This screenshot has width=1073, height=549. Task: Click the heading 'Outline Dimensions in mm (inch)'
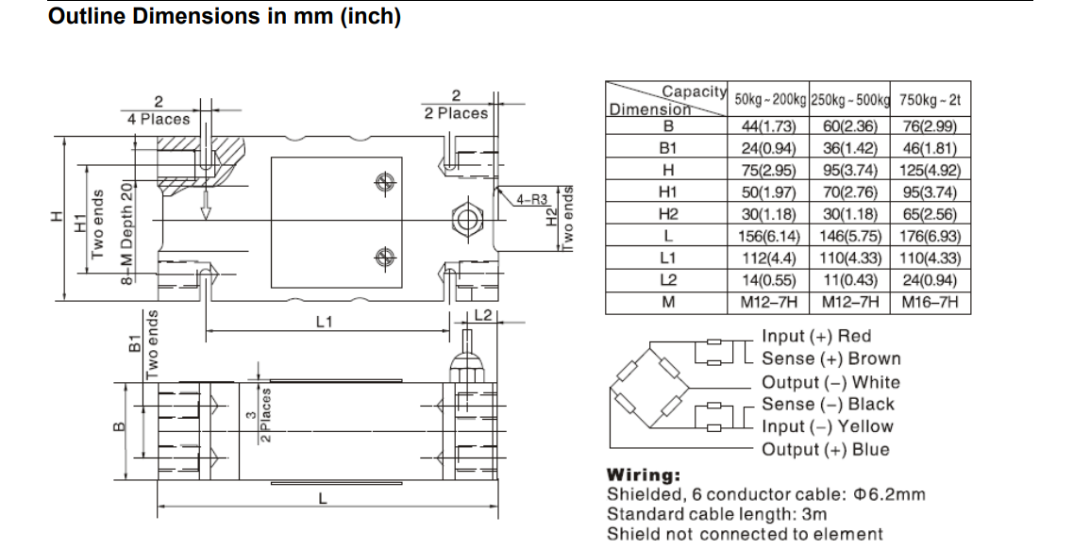point(225,17)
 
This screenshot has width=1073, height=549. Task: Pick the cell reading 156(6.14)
point(768,236)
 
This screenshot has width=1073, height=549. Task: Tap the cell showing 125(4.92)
point(930,171)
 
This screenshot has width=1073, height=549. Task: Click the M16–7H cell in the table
point(930,303)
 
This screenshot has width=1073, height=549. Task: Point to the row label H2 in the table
point(668,214)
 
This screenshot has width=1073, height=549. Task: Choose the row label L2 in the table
point(668,280)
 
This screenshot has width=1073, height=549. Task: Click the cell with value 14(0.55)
point(768,280)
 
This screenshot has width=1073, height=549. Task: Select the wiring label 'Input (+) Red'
point(816,336)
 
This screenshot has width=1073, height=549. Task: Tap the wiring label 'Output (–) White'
point(830,382)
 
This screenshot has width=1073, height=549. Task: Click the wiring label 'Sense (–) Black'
point(828,404)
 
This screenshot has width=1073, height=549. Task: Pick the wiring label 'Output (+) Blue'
point(825,449)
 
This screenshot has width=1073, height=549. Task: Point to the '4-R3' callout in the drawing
point(532,200)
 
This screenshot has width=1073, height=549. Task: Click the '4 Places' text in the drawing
point(159,119)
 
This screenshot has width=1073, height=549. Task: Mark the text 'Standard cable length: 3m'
point(716,514)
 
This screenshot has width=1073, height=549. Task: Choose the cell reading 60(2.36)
point(850,126)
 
